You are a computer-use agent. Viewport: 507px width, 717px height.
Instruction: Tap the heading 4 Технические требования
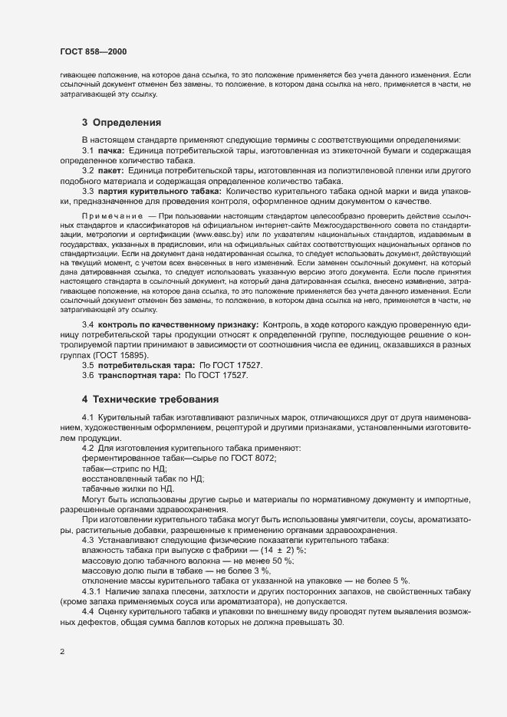(x=150, y=400)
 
